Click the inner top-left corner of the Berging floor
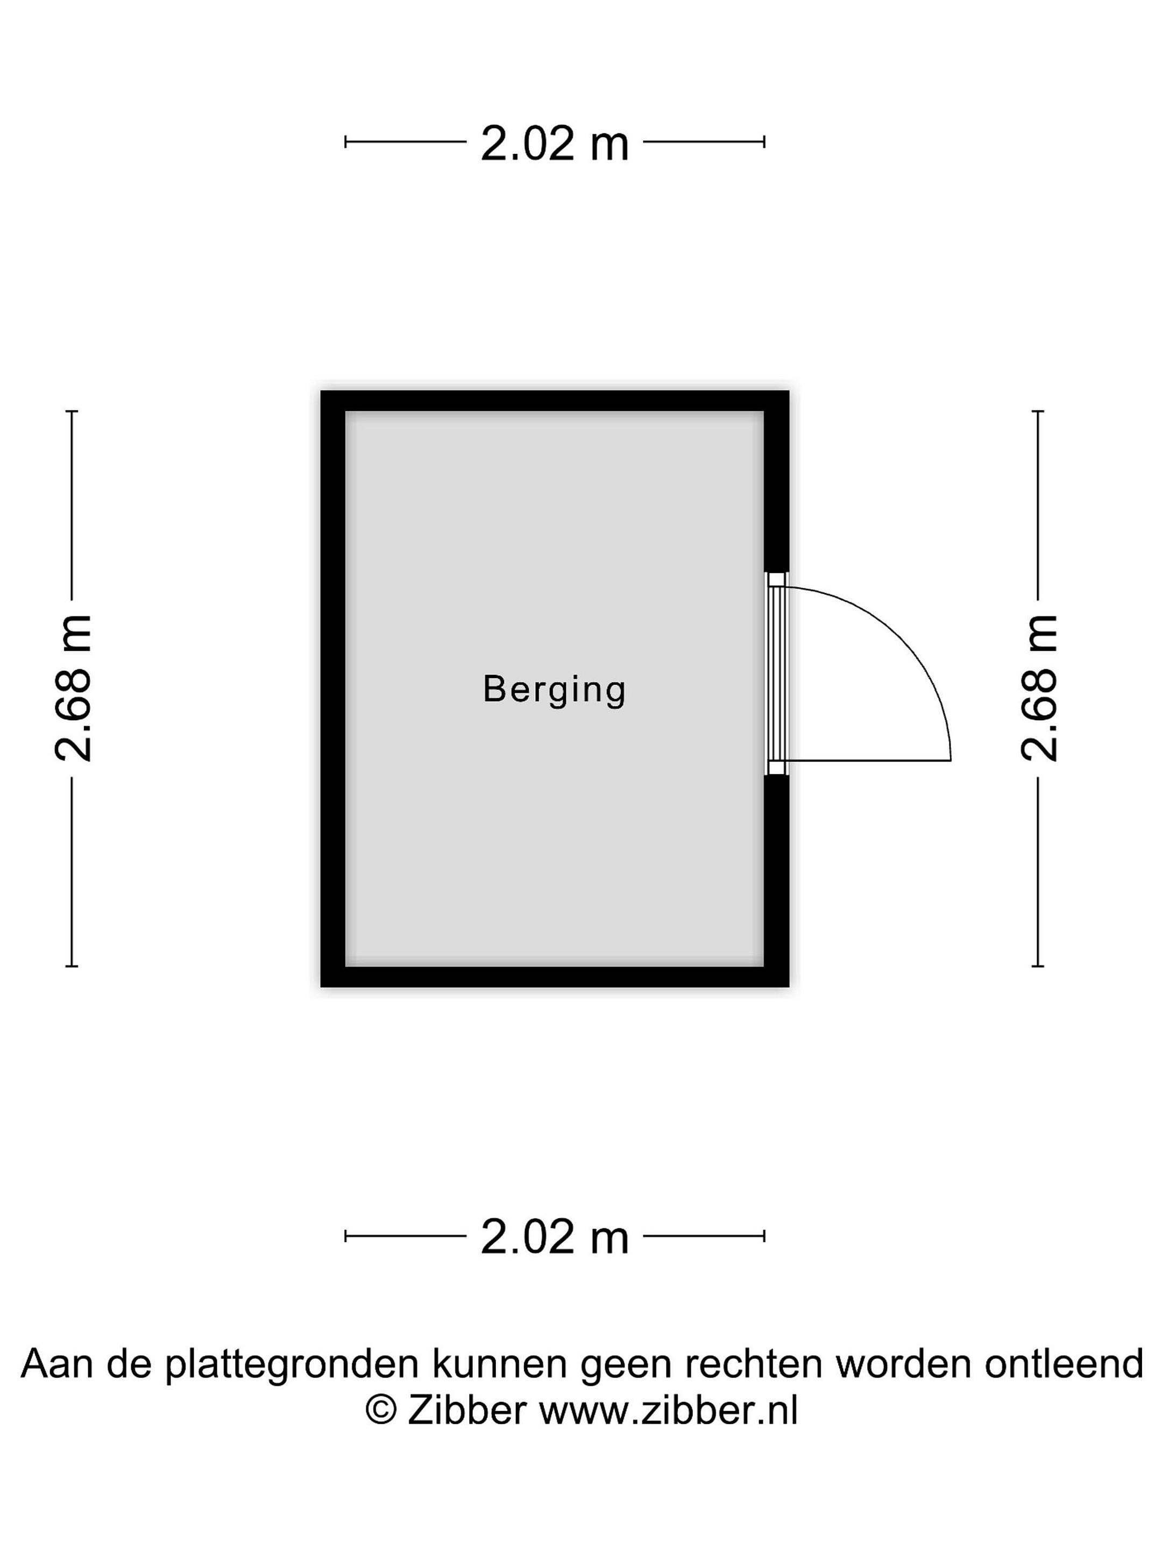click(345, 412)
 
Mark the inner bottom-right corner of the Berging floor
click(763, 967)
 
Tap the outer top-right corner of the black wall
click(789, 391)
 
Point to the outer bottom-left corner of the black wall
click(321, 987)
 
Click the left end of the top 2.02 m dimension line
click(345, 142)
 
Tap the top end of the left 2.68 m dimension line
click(72, 411)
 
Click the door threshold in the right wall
click(776, 674)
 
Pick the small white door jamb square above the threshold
click(776, 580)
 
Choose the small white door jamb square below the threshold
click(776, 768)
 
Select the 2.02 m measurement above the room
click(555, 144)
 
